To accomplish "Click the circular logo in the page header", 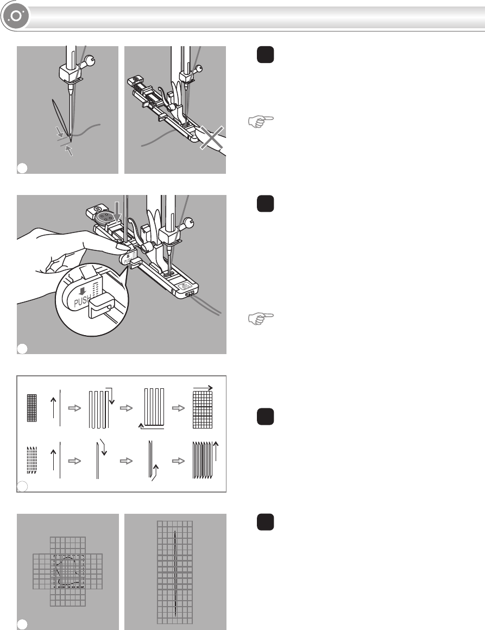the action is [16, 16].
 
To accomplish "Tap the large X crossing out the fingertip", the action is [212, 137].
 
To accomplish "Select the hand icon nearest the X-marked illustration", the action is [261, 121].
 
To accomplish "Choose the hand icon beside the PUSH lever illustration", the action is [261, 318].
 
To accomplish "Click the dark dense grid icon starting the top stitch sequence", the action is [32, 408].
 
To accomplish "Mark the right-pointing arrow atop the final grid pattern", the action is [203, 388].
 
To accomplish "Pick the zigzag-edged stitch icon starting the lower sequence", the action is [32, 461].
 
